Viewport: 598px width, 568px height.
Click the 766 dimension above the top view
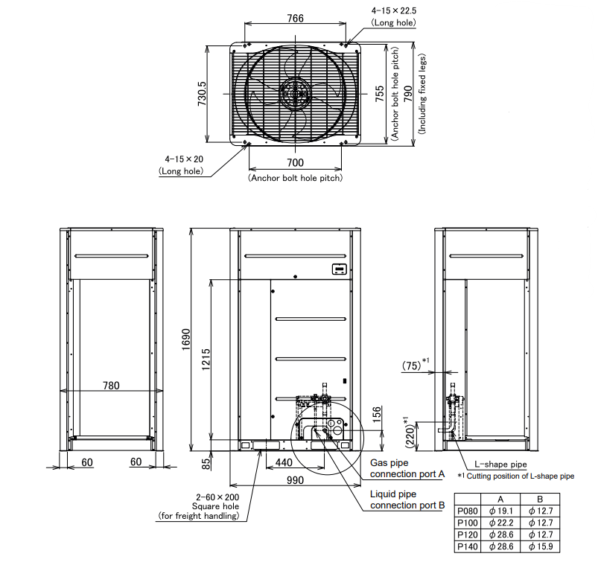[x=295, y=19]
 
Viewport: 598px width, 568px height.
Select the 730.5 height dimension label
[x=202, y=93]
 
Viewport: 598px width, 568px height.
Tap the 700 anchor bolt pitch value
[x=295, y=163]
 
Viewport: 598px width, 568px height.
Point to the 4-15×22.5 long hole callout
[x=394, y=10]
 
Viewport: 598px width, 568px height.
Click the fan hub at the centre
[x=295, y=93]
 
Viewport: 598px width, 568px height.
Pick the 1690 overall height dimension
[x=185, y=339]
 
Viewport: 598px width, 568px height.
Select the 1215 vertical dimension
[x=206, y=359]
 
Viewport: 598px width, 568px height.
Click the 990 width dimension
[x=295, y=480]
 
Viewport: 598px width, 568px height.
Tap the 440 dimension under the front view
[x=284, y=462]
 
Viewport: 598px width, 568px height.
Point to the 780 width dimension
[x=111, y=386]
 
